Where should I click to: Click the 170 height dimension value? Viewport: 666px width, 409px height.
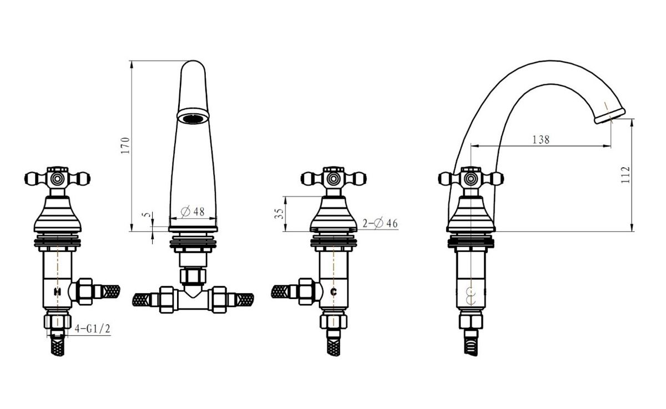125,145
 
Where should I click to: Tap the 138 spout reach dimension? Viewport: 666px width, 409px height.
541,139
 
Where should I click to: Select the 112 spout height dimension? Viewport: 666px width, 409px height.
625,175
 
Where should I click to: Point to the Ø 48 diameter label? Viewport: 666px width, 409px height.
193,211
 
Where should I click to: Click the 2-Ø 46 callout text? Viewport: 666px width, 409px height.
380,223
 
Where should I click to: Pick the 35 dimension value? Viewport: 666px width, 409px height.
279,214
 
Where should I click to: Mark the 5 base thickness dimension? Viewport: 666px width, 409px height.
147,215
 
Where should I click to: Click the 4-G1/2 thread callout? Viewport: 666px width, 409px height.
93,329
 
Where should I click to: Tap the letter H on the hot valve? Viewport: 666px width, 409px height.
57,292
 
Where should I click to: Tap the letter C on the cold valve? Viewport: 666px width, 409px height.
334,292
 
